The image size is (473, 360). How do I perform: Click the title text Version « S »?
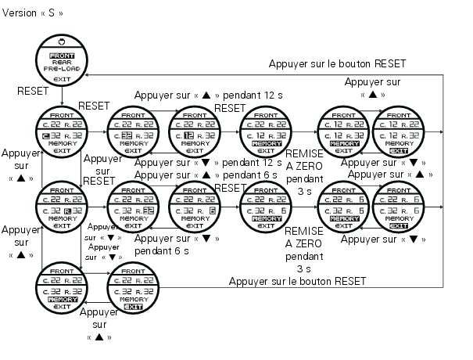[34, 14]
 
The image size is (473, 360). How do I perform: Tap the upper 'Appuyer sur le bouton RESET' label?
[337, 64]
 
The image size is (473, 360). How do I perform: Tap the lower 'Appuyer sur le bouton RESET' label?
[297, 280]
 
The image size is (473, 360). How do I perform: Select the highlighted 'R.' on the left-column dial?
[68, 211]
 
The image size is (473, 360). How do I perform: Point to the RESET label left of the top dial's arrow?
[34, 92]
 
